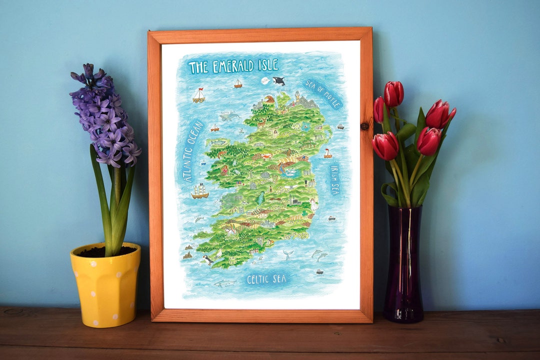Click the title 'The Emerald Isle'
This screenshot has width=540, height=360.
tap(233, 66)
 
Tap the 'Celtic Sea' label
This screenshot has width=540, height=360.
tap(266, 279)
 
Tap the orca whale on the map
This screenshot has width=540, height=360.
tap(278, 80)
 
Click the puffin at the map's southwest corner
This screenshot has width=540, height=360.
tap(207, 259)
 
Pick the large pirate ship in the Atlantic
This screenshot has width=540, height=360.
tap(199, 190)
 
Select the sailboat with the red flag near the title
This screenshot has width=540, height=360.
tap(199, 95)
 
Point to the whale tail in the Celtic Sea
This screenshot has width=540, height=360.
tap(288, 254)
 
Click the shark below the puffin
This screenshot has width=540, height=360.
tap(225, 283)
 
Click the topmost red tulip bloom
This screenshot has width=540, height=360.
tap(393, 93)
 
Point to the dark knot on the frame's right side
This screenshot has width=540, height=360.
tap(364, 126)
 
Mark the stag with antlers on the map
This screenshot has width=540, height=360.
tap(261, 122)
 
